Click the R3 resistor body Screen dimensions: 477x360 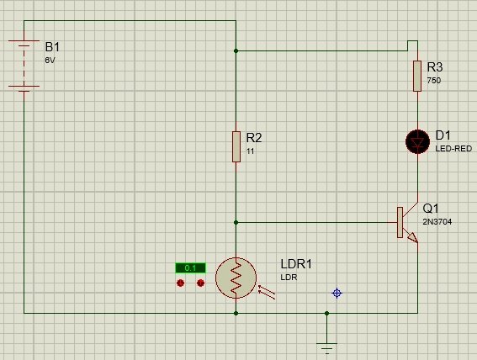pyautogui.click(x=417, y=76)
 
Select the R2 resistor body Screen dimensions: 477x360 pyautogui.click(x=236, y=146)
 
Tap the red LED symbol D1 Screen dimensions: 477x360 pyautogui.click(x=417, y=141)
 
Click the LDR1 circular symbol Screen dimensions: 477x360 pyautogui.click(x=236, y=278)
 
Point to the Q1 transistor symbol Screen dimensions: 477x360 pyautogui.click(x=407, y=223)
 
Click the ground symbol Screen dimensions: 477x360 pyautogui.click(x=326, y=348)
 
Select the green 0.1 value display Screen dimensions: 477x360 pyautogui.click(x=190, y=267)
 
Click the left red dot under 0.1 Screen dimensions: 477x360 pyautogui.click(x=180, y=283)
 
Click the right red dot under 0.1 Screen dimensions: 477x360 pyautogui.click(x=200, y=283)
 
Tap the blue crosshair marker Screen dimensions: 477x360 pyautogui.click(x=337, y=293)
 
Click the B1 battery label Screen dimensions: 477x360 pyautogui.click(x=52, y=47)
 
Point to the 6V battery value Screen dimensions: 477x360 pyautogui.click(x=50, y=61)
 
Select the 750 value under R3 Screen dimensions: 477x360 pyautogui.click(x=434, y=81)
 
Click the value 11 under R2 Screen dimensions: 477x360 pyautogui.click(x=250, y=151)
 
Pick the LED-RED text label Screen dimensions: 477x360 pyautogui.click(x=453, y=149)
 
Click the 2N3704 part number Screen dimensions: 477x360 pyautogui.click(x=437, y=222)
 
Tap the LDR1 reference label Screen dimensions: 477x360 pyautogui.click(x=296, y=264)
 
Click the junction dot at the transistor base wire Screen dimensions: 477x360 pyautogui.click(x=236, y=223)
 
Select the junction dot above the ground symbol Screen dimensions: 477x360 pyautogui.click(x=326, y=313)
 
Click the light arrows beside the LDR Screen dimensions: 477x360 pyautogui.click(x=267, y=292)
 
